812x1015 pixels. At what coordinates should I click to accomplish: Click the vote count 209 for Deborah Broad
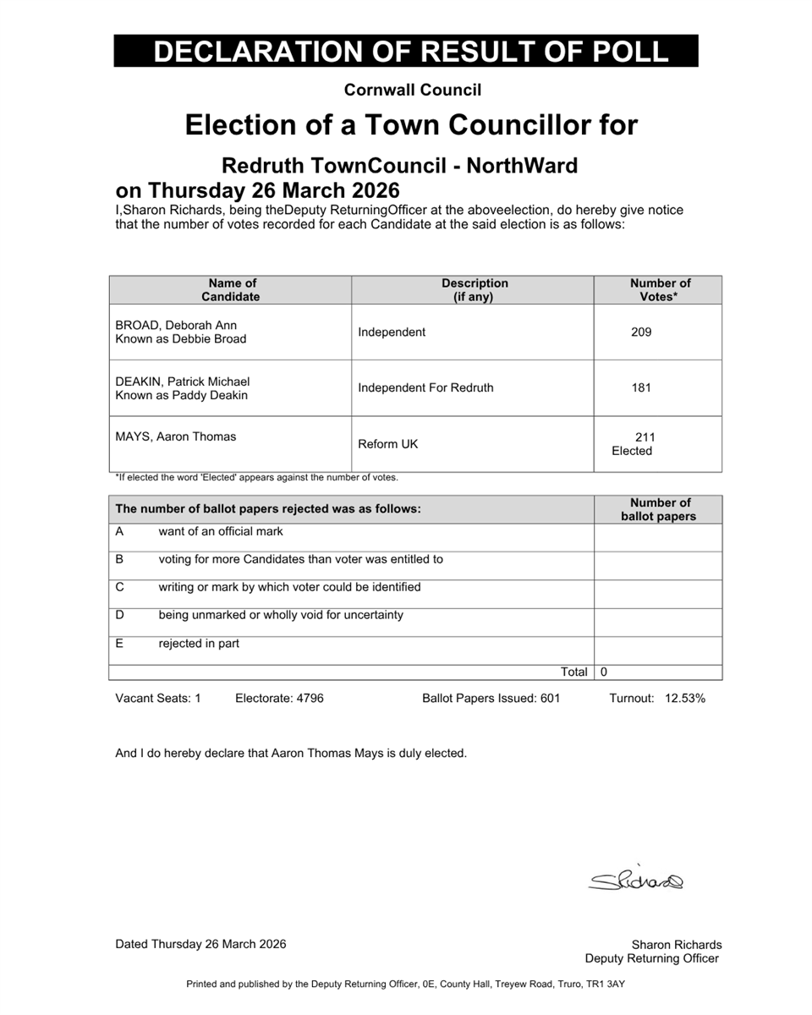(x=641, y=332)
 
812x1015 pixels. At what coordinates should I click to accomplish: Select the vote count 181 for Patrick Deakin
(x=641, y=388)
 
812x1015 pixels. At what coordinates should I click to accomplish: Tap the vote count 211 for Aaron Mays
(x=645, y=437)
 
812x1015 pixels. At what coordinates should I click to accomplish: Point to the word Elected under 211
(x=632, y=452)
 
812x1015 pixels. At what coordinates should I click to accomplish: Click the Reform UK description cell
(x=387, y=444)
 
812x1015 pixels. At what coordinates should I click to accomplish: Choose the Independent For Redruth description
(x=425, y=388)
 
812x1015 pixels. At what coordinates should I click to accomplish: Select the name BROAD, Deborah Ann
(x=176, y=326)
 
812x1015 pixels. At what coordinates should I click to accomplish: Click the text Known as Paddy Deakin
(x=181, y=395)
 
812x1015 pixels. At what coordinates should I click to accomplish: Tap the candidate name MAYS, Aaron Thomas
(x=176, y=437)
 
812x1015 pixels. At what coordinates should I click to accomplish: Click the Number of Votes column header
(x=660, y=290)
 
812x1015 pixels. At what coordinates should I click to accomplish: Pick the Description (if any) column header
(x=475, y=290)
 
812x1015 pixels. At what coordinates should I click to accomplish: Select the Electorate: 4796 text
(x=279, y=699)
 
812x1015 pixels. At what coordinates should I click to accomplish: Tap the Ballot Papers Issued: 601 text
(x=491, y=699)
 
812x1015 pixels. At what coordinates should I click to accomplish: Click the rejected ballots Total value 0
(x=603, y=672)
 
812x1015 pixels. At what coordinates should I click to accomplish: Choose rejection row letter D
(x=120, y=615)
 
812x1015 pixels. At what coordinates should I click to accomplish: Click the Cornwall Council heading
(x=413, y=90)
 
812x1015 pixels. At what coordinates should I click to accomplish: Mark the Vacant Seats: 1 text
(x=157, y=699)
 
